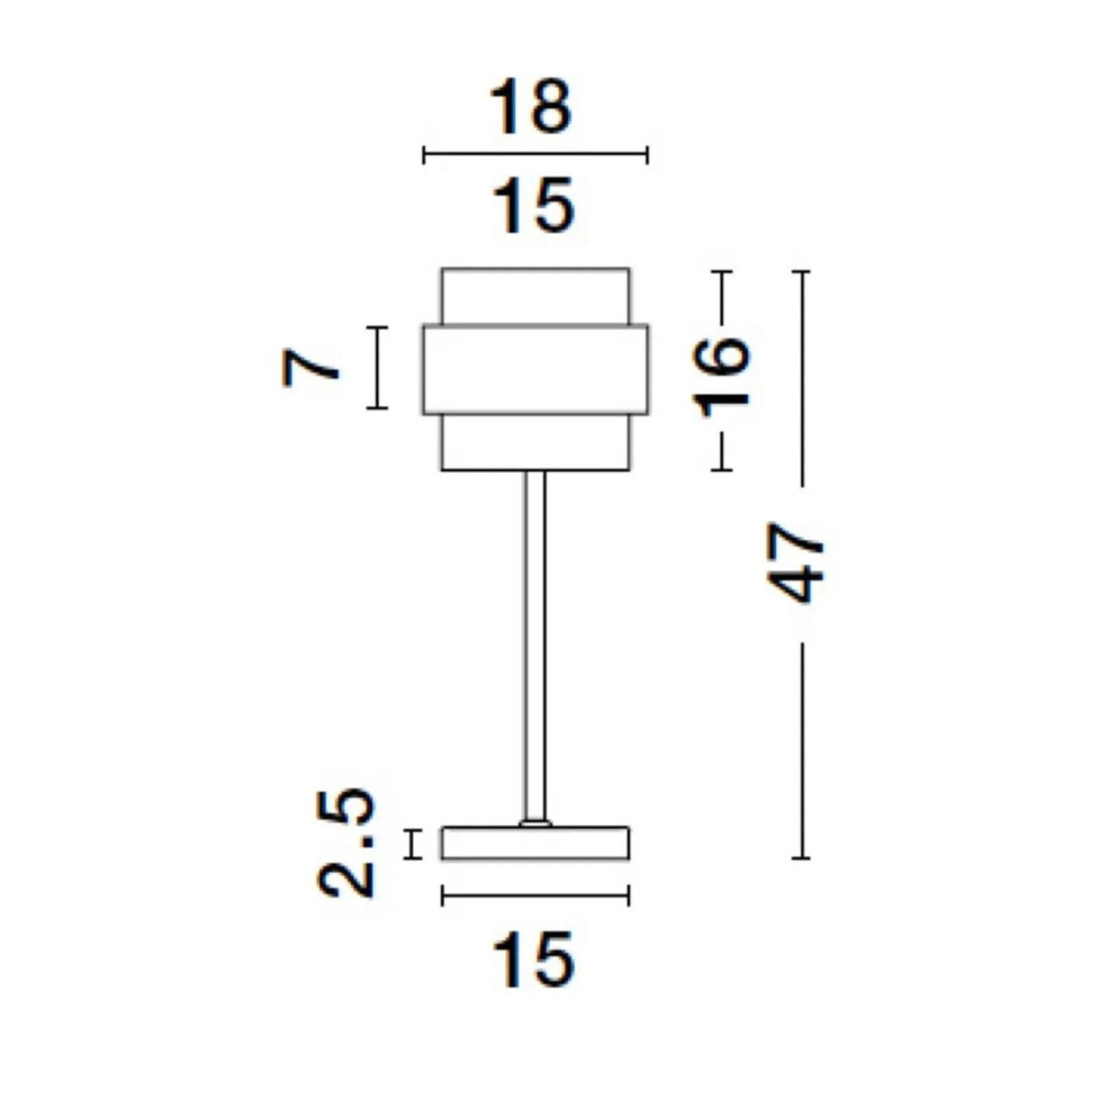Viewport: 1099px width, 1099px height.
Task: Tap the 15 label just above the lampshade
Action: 533,205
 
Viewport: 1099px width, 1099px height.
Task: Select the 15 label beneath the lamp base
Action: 533,959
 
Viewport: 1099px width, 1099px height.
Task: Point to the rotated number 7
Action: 311,367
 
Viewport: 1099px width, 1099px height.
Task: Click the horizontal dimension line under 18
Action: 536,155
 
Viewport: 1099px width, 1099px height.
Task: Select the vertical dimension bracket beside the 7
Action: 377,367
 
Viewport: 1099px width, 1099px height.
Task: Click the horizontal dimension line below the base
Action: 536,895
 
